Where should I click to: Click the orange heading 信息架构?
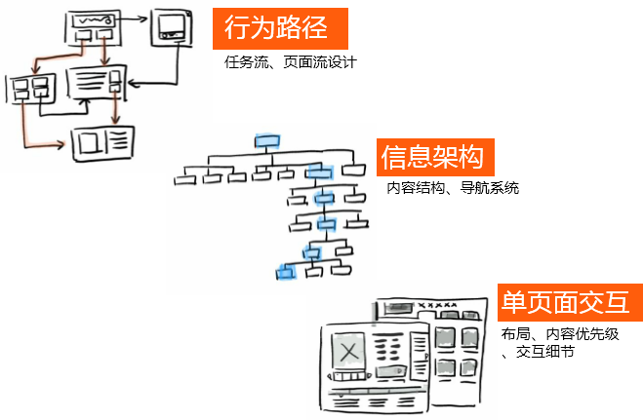click(x=435, y=157)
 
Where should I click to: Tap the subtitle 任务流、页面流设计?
click(x=290, y=63)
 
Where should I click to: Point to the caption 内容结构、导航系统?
click(x=452, y=188)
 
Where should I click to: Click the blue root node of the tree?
click(x=266, y=141)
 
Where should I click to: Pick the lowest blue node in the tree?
click(x=285, y=271)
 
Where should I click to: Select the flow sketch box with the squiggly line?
click(x=93, y=20)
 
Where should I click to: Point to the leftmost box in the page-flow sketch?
click(x=30, y=90)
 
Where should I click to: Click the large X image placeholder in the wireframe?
click(x=348, y=350)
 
